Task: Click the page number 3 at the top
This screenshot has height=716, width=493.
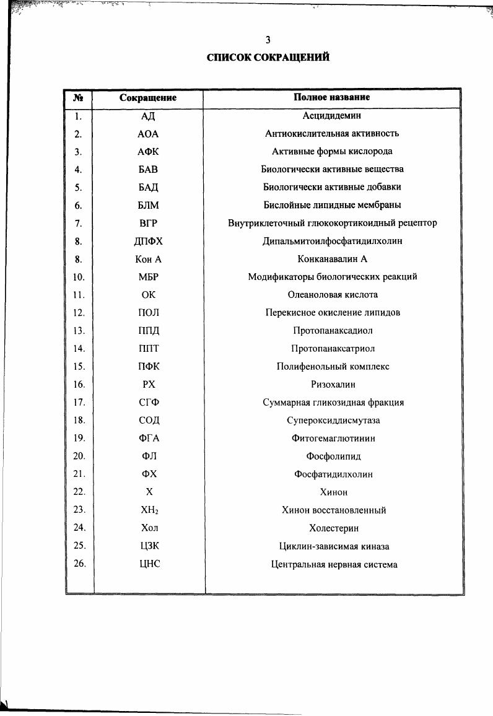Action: point(268,40)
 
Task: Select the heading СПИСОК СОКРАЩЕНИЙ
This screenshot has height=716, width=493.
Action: point(268,58)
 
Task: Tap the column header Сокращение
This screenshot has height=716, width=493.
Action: point(148,98)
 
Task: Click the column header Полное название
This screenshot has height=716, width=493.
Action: point(332,97)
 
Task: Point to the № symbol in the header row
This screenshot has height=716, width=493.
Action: point(79,98)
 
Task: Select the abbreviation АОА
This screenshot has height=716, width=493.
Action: point(148,133)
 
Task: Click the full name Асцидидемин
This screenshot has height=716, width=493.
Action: point(332,115)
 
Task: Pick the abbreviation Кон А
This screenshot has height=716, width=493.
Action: point(148,259)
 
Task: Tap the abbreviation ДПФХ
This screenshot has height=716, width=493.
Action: point(148,241)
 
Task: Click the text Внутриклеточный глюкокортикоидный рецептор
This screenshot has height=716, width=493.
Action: point(332,223)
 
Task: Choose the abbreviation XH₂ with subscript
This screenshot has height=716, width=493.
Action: point(148,510)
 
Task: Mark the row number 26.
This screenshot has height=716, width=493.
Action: point(79,564)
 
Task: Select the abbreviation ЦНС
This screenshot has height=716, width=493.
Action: point(148,564)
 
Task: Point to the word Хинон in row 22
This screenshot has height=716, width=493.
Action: point(333,492)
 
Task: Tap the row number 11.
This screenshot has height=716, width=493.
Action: point(79,295)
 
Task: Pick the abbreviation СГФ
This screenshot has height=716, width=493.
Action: point(148,403)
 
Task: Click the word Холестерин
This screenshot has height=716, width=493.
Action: point(333,528)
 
